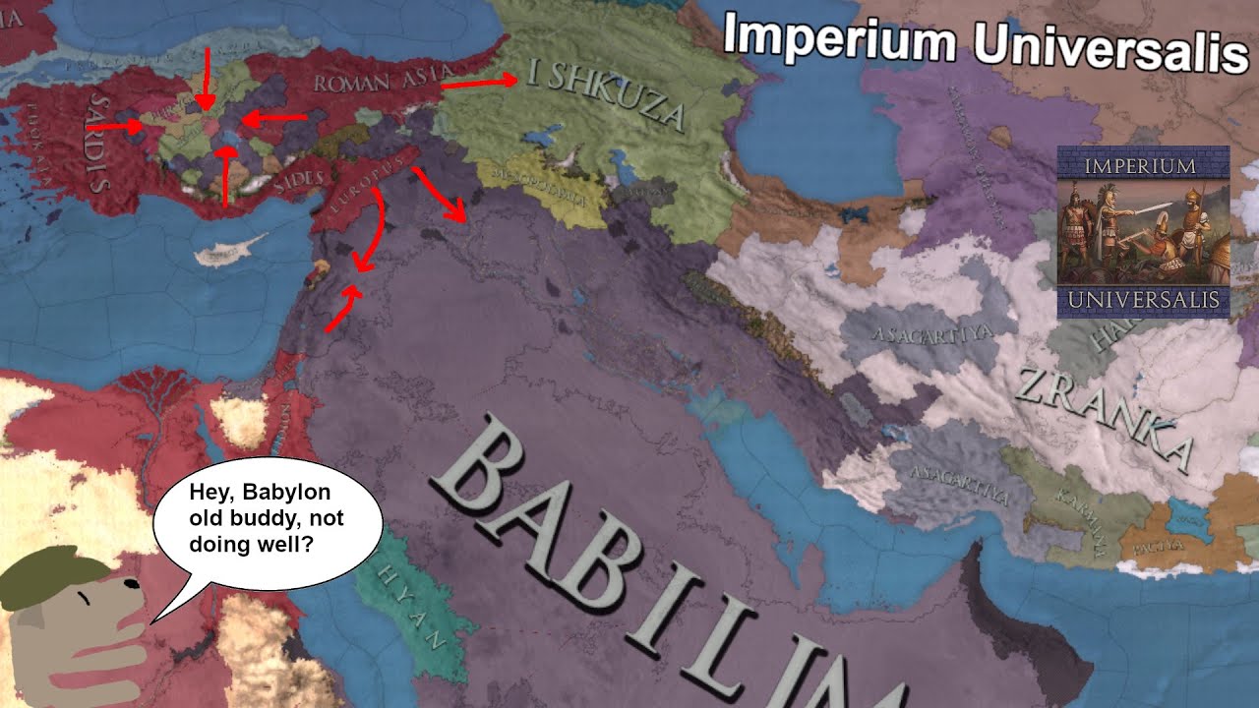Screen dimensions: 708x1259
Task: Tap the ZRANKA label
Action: click(1102, 413)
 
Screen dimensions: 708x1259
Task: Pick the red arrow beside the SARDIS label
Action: click(115, 127)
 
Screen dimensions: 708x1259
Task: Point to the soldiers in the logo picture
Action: click(1142, 230)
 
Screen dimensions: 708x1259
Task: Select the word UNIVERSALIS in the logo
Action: click(1143, 299)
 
